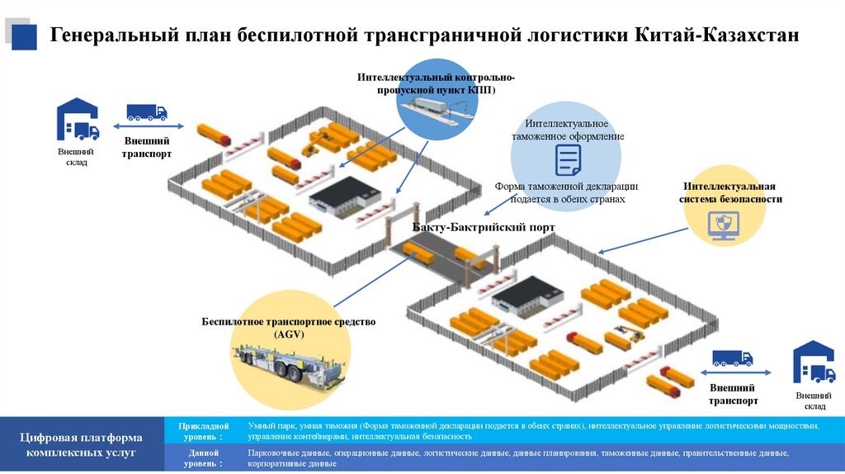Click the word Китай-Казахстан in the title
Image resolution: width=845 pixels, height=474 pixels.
[x=717, y=36]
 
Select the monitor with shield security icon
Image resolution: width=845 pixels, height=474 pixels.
[x=720, y=223]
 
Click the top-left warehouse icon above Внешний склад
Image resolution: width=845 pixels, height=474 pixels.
[x=77, y=121]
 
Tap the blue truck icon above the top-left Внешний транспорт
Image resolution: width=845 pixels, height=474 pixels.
[x=146, y=111]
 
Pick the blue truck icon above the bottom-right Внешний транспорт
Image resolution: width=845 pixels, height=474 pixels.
[x=732, y=358]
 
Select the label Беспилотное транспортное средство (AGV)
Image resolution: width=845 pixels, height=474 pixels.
[x=289, y=327]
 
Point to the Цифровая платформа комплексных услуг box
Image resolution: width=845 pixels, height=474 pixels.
[x=83, y=444]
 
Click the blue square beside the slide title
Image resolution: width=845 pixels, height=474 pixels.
[x=23, y=36]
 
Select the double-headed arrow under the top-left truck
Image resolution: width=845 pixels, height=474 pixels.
[x=146, y=126]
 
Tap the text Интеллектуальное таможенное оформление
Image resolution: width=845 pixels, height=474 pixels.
[x=567, y=130]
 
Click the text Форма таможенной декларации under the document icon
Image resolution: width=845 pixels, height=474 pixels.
[x=567, y=187]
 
